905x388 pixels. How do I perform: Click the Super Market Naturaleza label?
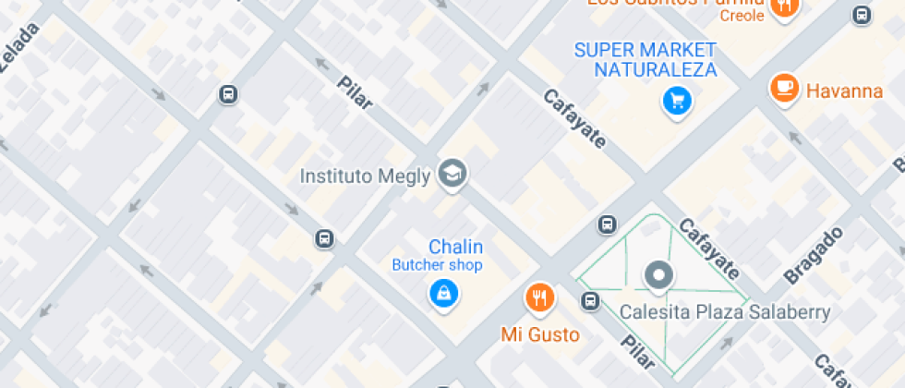(x=645, y=59)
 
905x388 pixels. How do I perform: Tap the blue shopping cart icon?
(x=677, y=100)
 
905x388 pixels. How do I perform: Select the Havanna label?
(x=844, y=91)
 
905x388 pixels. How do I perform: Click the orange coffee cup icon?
(x=784, y=88)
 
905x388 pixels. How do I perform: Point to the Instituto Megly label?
(x=366, y=176)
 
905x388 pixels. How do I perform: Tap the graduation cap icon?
(x=452, y=172)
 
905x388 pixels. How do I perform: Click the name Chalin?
(x=455, y=247)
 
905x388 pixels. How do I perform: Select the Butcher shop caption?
(x=437, y=266)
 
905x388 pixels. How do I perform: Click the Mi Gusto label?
(x=540, y=334)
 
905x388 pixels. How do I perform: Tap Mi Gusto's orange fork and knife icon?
(x=539, y=297)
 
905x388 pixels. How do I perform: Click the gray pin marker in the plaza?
(x=658, y=273)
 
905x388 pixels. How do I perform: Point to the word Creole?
(x=742, y=16)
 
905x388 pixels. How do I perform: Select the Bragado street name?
(x=814, y=254)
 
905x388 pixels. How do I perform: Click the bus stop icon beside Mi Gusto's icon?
(x=590, y=300)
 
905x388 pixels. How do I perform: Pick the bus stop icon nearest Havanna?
(x=861, y=15)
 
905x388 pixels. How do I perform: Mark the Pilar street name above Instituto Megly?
(x=355, y=91)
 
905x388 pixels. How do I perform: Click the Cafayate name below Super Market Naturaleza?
(x=574, y=118)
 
